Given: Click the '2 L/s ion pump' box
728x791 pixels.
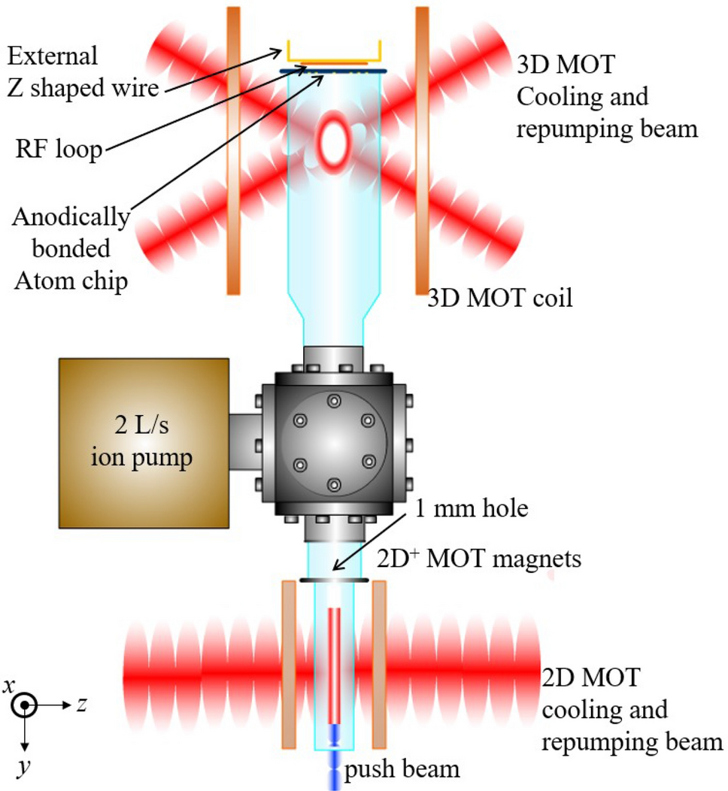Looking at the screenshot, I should pyautogui.click(x=144, y=442).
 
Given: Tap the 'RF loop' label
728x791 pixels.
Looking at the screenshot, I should pyautogui.click(x=59, y=150).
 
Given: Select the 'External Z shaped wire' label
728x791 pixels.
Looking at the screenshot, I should pyautogui.click(x=82, y=72).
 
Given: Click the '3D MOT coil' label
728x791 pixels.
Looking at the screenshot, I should pyautogui.click(x=500, y=299).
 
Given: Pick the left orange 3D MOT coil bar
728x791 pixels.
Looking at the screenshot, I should pyautogui.click(x=234, y=150).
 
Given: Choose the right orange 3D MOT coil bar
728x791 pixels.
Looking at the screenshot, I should pyautogui.click(x=422, y=150).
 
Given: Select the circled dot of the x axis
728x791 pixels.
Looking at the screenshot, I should pyautogui.click(x=26, y=705).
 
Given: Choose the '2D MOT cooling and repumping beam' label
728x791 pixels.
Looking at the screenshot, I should pyautogui.click(x=630, y=710).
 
